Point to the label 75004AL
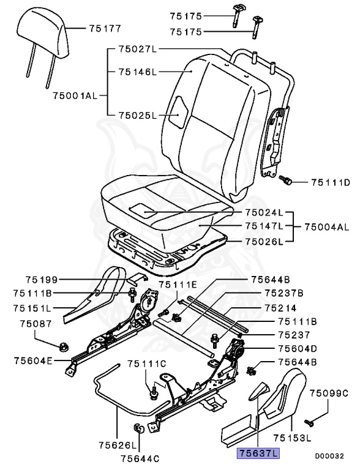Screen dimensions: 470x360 pyautogui.click(x=327, y=228)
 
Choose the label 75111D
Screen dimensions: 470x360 pyautogui.click(x=330, y=182)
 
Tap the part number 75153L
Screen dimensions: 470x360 pyautogui.click(x=293, y=438)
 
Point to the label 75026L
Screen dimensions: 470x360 pyautogui.click(x=264, y=241)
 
